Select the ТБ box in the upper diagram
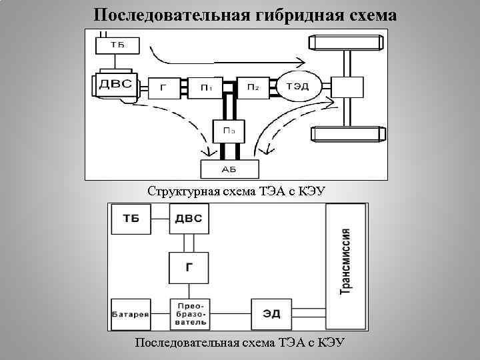pyautogui.click(x=117, y=46)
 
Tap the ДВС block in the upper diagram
pyautogui.click(x=116, y=85)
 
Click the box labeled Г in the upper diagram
pyautogui.click(x=163, y=87)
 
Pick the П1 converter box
pyautogui.click(x=207, y=87)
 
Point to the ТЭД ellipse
pyautogui.click(x=297, y=86)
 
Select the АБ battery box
pyautogui.click(x=228, y=169)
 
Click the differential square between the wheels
pyautogui.click(x=347, y=87)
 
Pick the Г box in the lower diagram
pyautogui.click(x=189, y=266)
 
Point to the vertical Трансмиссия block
pyautogui.click(x=345, y=266)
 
